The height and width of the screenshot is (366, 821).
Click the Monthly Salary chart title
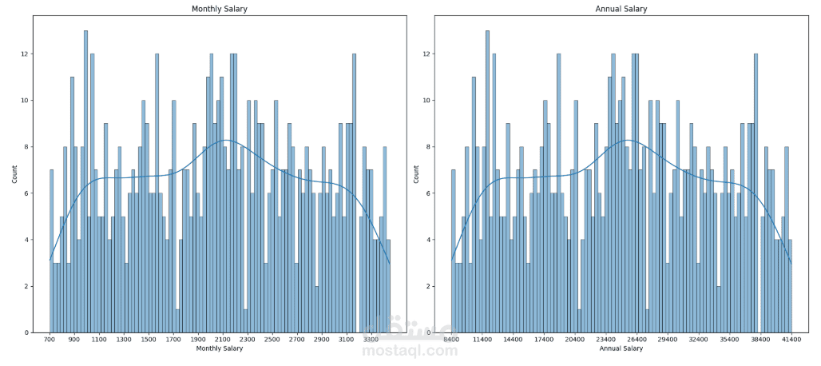coord(218,9)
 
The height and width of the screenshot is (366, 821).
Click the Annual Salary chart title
coord(621,9)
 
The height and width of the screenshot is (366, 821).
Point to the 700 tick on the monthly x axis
coord(50,340)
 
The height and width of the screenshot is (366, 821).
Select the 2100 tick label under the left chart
coord(223,340)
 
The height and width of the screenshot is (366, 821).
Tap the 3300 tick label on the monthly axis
coord(370,340)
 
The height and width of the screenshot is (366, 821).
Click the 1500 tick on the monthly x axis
coord(149,340)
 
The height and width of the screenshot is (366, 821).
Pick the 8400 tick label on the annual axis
coord(451,340)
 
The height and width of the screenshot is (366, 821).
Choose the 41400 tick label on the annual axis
coord(791,340)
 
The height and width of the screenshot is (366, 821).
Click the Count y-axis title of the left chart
coord(15,175)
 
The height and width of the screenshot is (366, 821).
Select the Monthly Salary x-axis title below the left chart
coord(218,348)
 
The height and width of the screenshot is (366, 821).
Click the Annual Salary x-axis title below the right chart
coord(621,348)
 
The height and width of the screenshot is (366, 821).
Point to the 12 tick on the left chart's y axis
coord(25,54)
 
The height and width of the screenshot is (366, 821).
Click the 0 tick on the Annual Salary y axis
coord(429,332)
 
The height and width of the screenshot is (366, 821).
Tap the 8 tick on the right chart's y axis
coord(429,147)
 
